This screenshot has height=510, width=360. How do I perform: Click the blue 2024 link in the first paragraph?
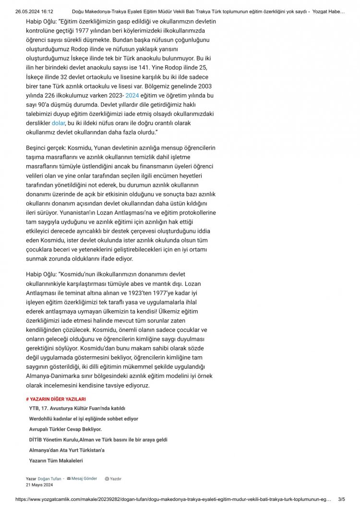pyautogui.click(x=132, y=96)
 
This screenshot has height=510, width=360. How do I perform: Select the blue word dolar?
pyautogui.click(x=58, y=123)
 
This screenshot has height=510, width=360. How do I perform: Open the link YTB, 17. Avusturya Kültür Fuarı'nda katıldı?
pyautogui.click(x=77, y=408)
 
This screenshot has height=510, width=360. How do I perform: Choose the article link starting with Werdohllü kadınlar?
pyautogui.click(x=84, y=419)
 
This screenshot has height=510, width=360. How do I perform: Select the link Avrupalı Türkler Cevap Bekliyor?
pyautogui.click(x=65, y=429)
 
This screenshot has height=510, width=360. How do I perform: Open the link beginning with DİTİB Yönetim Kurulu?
pyautogui.click(x=98, y=440)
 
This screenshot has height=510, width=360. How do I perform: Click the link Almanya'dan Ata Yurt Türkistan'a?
pyautogui.click(x=67, y=450)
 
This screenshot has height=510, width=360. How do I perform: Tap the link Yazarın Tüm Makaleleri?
pyautogui.click(x=56, y=461)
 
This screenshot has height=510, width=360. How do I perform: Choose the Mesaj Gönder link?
pyautogui.click(x=84, y=479)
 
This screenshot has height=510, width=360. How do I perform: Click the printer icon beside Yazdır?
pyautogui.click(x=107, y=479)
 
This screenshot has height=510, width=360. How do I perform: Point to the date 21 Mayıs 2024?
pyautogui.click(x=39, y=485)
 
